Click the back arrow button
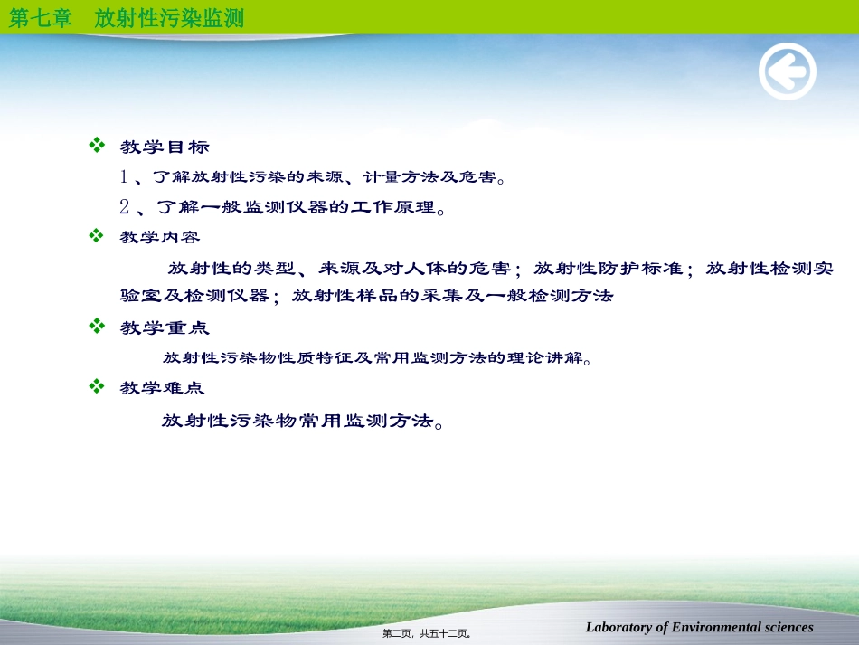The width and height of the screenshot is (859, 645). (x=788, y=71)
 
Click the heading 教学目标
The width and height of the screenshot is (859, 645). (x=165, y=147)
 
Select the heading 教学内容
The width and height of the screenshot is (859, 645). (x=160, y=237)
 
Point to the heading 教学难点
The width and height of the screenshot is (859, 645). (x=162, y=388)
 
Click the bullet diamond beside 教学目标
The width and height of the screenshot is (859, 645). (x=97, y=145)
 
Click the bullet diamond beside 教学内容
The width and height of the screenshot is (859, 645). (x=97, y=235)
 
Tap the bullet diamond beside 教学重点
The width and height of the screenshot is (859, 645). (x=97, y=326)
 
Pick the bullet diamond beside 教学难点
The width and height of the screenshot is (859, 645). (x=97, y=386)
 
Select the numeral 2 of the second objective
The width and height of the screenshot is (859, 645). (x=125, y=208)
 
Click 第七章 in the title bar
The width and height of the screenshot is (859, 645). (x=40, y=18)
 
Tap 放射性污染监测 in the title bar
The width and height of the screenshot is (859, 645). (x=169, y=18)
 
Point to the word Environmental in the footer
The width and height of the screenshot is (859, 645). (x=717, y=627)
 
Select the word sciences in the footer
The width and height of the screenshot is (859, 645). (x=788, y=627)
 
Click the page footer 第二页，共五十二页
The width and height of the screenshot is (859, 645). (x=427, y=633)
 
